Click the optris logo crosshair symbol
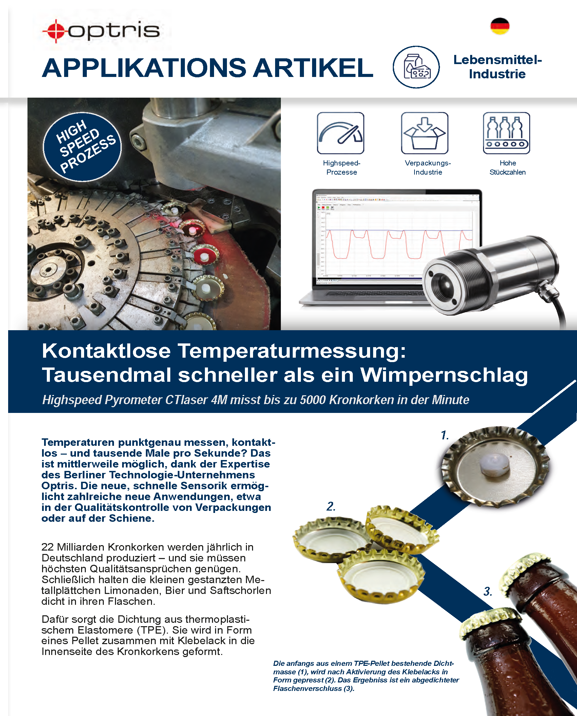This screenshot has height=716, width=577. [55, 31]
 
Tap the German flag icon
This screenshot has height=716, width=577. [500, 26]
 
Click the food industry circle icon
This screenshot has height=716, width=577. [416, 67]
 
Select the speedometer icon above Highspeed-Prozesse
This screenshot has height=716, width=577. [341, 133]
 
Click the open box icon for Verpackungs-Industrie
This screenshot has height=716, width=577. [425, 133]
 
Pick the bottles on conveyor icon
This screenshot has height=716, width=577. [506, 133]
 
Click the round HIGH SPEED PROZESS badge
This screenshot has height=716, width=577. [82, 147]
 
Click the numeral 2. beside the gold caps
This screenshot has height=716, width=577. [331, 506]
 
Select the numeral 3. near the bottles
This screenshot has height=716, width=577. [487, 592]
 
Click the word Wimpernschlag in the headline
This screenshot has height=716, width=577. [444, 375]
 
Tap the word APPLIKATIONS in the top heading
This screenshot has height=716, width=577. [144, 68]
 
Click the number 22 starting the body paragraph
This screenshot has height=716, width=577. [47, 547]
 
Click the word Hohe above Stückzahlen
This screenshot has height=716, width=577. [507, 163]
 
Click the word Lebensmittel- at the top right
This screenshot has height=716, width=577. [498, 60]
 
